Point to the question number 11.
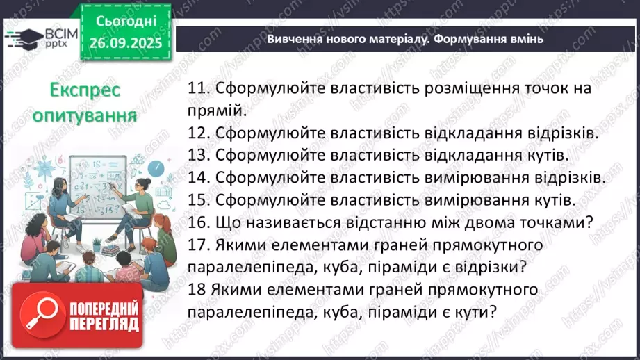(x=199, y=88)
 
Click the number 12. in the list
(x=200, y=133)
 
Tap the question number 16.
(x=200, y=222)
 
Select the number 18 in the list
(x=197, y=290)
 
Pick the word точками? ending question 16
(x=550, y=222)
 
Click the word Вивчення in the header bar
(x=295, y=40)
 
